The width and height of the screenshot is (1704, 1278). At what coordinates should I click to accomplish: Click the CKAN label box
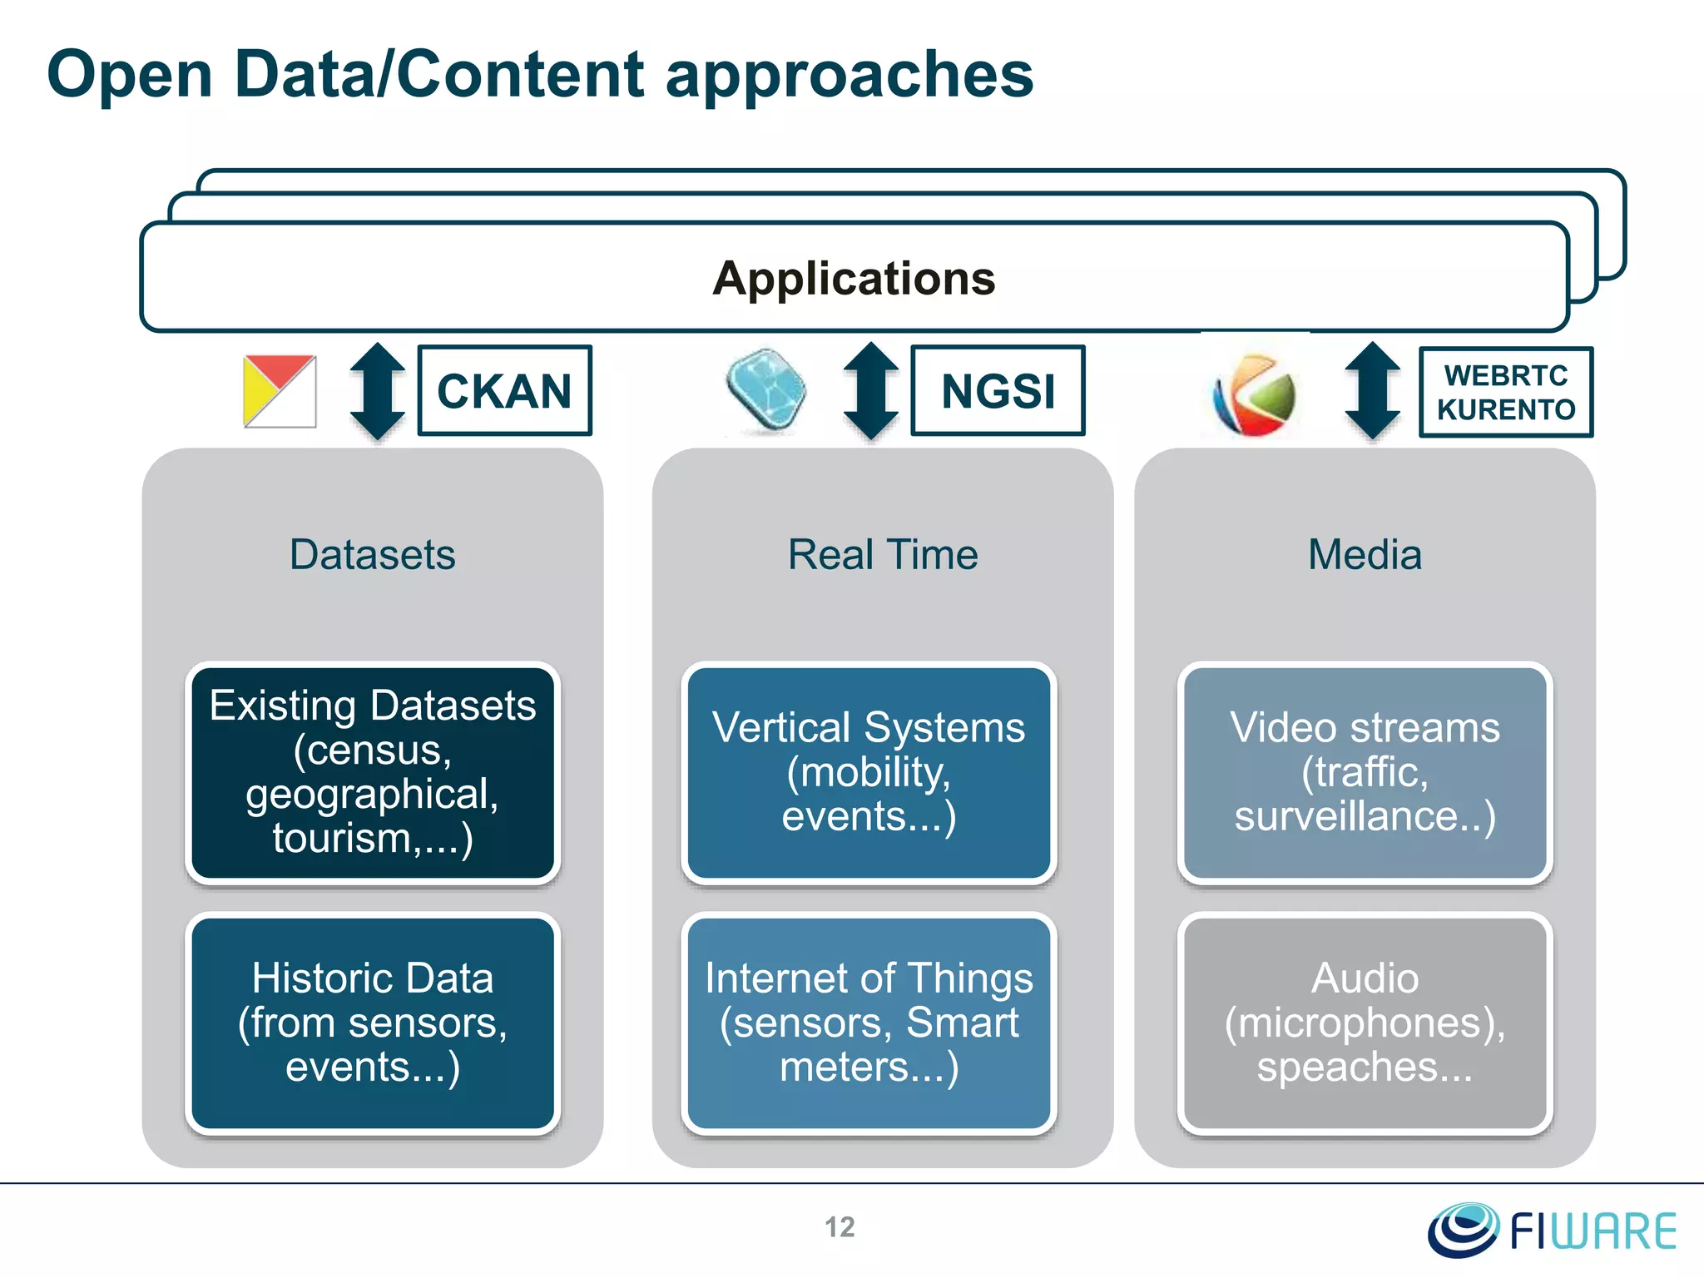point(504,390)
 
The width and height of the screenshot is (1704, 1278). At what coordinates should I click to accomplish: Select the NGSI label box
point(998,390)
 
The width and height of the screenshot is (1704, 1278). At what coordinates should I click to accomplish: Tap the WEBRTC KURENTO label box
point(1505,392)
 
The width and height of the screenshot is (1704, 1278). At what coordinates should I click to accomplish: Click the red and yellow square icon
point(280,391)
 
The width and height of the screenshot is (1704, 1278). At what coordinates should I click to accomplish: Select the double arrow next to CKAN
point(377,391)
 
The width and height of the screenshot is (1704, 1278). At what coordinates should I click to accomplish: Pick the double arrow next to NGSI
point(870,391)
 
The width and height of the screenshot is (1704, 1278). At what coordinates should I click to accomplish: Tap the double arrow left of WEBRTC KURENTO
point(1372,391)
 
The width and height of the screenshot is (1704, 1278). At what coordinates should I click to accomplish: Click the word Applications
point(854,278)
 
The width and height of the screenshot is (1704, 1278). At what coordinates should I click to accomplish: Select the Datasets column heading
point(372,554)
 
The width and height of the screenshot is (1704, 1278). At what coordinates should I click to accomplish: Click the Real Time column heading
point(883,554)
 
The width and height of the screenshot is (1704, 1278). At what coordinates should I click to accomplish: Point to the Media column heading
point(1365,554)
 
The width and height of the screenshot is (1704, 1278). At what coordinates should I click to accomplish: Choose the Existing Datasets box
point(372,772)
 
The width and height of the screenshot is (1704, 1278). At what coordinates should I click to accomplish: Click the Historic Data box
point(372,1023)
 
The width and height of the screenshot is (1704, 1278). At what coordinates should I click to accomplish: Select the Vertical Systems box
point(869,772)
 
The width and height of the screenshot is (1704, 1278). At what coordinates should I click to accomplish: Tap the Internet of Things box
point(869,1023)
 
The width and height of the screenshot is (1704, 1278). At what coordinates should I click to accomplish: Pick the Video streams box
point(1365,772)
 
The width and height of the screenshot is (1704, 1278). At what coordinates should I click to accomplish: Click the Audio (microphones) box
point(1365,1023)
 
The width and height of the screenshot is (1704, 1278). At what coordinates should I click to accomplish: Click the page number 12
point(840,1227)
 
